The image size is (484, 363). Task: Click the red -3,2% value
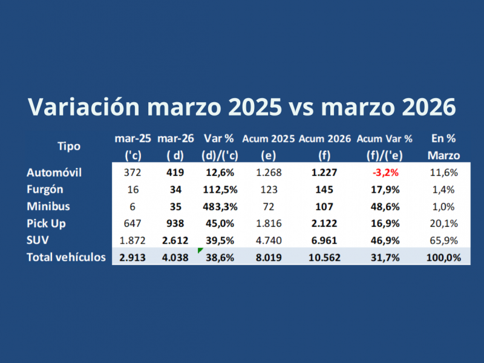[385, 172]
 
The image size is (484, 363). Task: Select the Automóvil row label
[54, 172]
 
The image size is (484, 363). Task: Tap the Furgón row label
[45, 189]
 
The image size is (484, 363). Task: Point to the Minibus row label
[48, 206]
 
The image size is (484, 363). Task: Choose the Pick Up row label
[47, 223]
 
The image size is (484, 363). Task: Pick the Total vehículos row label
[66, 257]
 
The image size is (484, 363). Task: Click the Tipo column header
[68, 146]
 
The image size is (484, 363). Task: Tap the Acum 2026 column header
[325, 139]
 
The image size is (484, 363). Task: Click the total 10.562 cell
[325, 257]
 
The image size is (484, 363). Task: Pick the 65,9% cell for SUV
[444, 240]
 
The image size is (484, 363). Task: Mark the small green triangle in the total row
[200, 250]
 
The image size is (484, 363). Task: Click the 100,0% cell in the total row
[444, 257]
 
